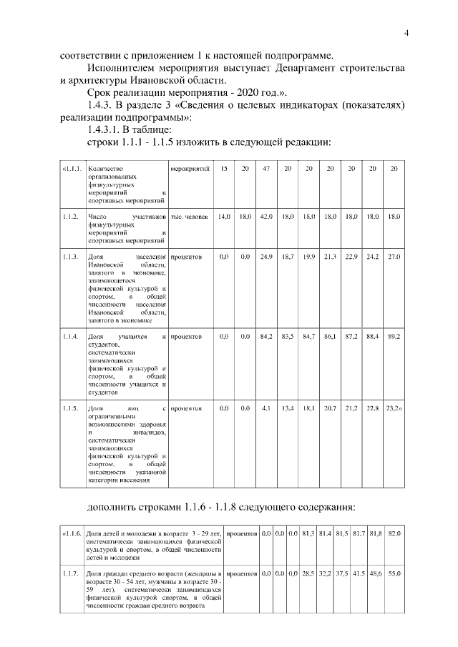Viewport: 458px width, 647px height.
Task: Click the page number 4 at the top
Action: point(406,32)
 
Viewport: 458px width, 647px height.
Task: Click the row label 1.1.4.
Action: point(70,335)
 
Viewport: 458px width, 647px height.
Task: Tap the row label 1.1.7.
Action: point(70,574)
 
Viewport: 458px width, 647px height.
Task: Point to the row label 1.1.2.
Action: point(70,215)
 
